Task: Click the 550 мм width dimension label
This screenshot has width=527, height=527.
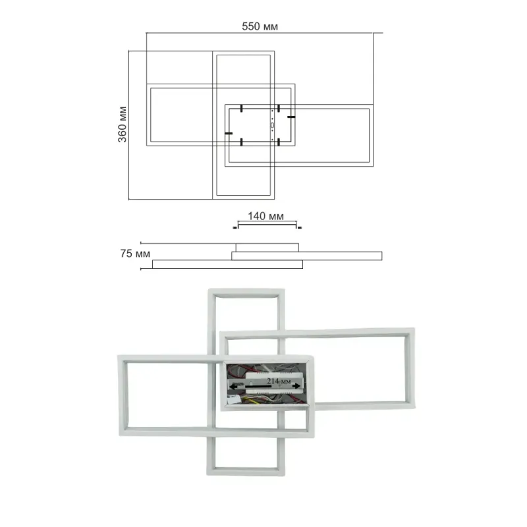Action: tap(260, 26)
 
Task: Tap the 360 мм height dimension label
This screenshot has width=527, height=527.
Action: tap(123, 125)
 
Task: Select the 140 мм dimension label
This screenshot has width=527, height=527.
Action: tap(265, 216)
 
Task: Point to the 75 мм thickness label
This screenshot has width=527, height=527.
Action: tap(135, 254)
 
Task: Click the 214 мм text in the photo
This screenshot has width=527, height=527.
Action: tap(279, 381)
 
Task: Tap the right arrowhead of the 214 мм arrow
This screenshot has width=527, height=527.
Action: tap(296, 386)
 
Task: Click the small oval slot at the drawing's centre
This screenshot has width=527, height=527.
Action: tap(272, 125)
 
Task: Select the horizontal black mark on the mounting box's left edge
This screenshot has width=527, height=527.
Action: tap(229, 134)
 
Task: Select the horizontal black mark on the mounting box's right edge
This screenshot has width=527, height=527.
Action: tap(291, 117)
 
